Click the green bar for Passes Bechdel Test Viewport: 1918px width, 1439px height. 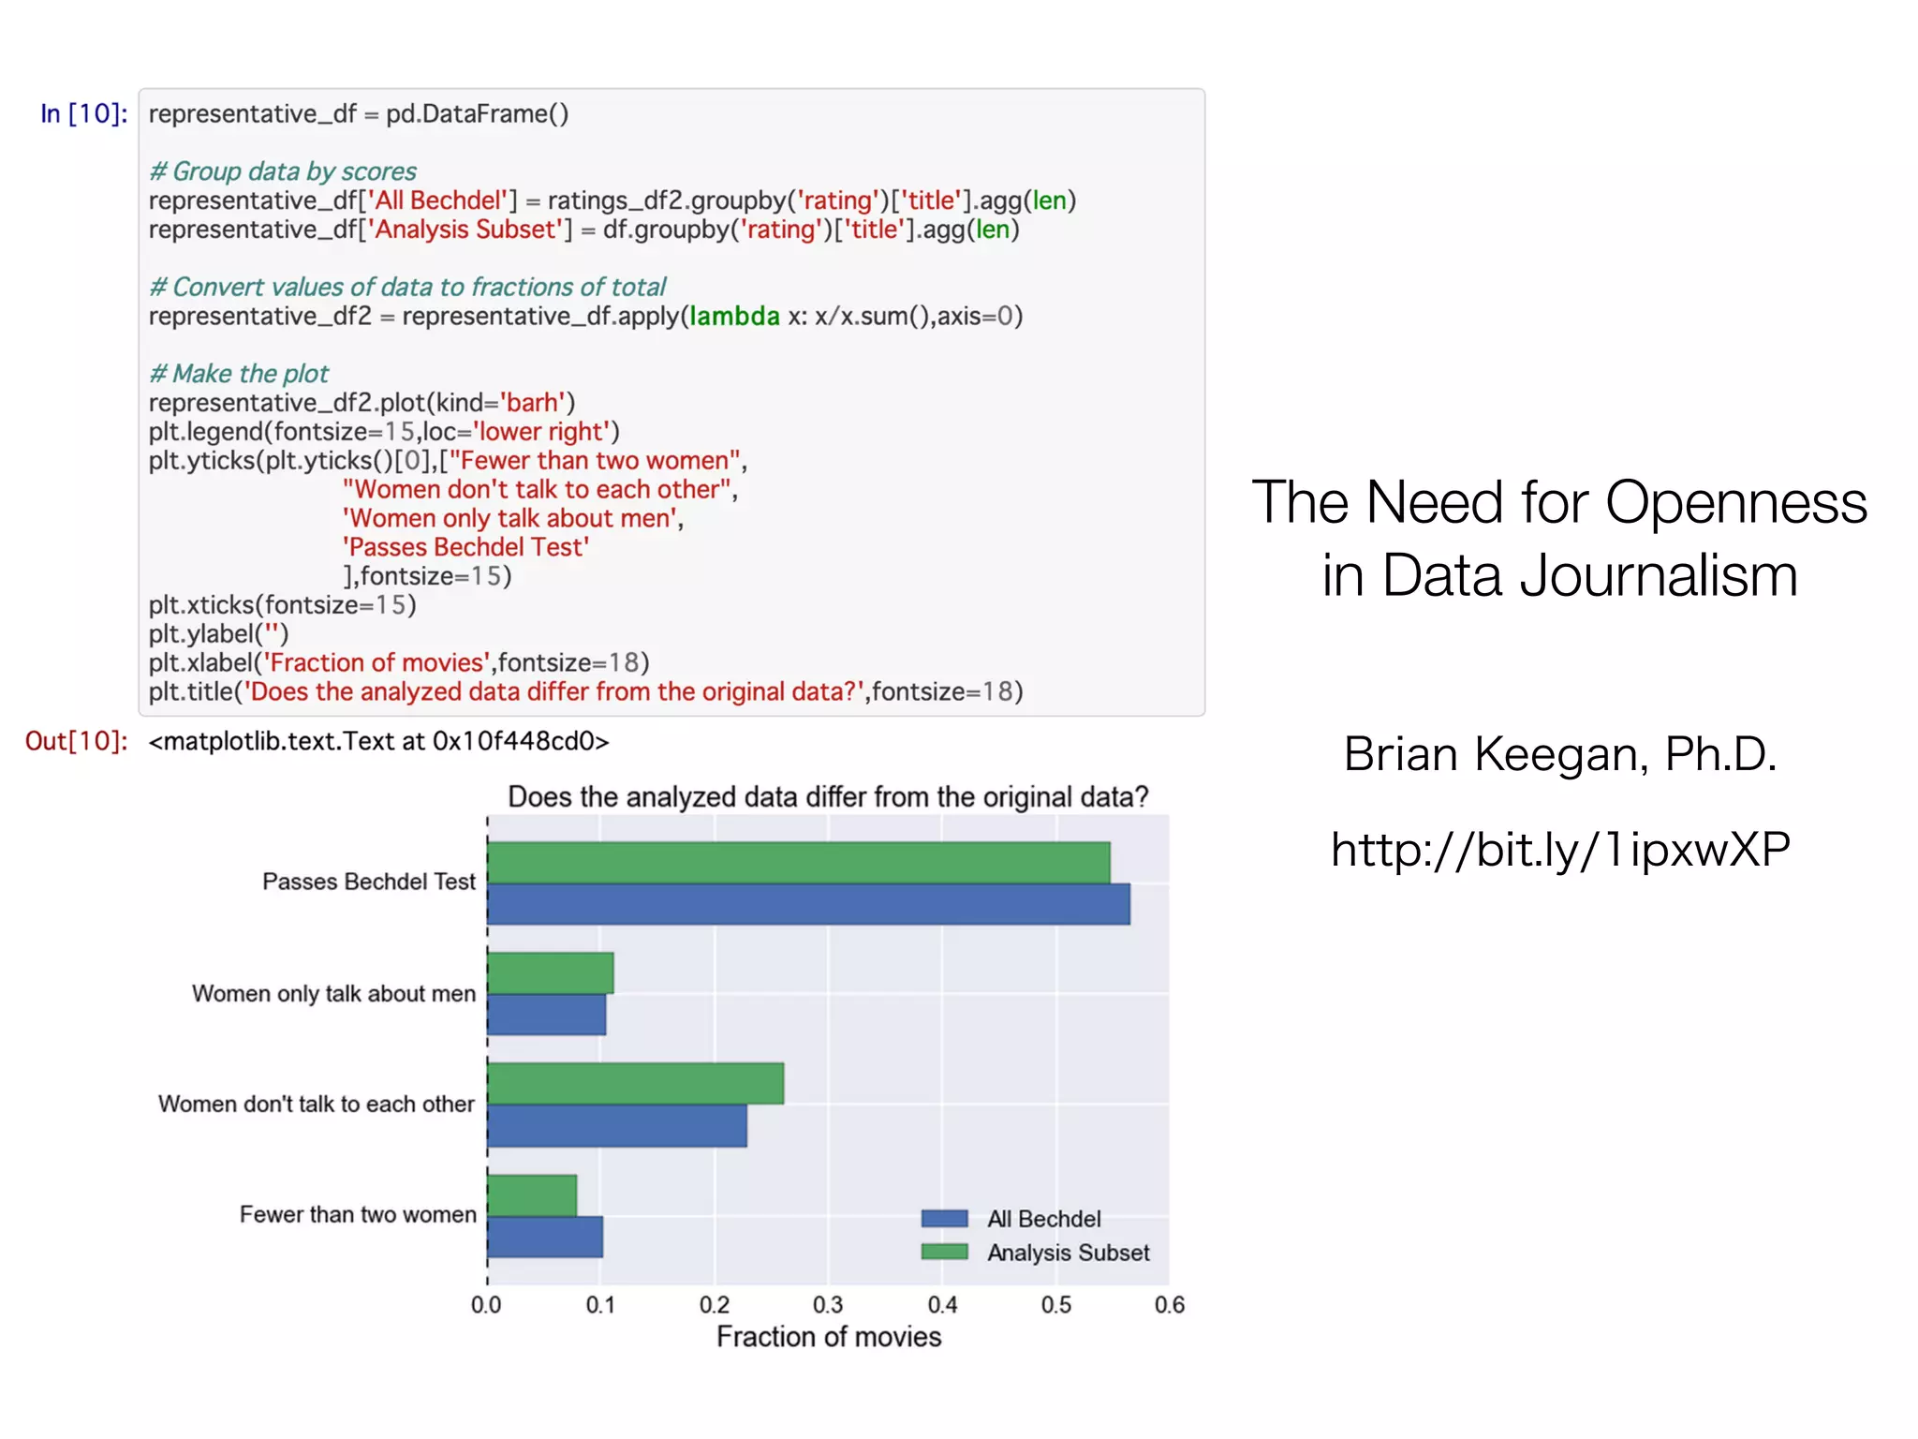[x=798, y=863]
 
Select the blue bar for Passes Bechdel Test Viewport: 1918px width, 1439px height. [x=808, y=904]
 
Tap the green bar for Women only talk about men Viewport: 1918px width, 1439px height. [x=551, y=972]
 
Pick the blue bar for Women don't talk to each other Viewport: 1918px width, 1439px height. [x=617, y=1126]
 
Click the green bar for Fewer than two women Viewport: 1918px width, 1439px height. [x=532, y=1195]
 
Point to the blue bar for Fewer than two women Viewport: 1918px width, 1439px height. [x=545, y=1237]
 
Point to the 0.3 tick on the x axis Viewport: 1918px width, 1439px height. [x=828, y=1305]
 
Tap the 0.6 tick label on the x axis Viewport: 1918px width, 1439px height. [x=1170, y=1305]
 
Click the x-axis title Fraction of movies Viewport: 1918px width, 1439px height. [x=829, y=1337]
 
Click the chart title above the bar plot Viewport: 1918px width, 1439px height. [x=828, y=797]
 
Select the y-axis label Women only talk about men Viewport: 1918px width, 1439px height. [x=333, y=994]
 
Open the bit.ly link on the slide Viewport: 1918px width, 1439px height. [x=1560, y=850]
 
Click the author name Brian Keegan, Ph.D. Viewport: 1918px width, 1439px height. [x=1560, y=753]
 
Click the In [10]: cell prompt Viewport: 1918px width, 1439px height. [x=83, y=114]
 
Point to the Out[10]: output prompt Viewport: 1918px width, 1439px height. [x=76, y=741]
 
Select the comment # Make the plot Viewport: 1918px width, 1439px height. [x=239, y=374]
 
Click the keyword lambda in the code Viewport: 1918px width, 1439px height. [x=734, y=317]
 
